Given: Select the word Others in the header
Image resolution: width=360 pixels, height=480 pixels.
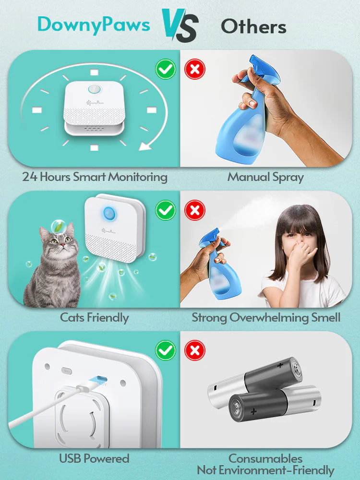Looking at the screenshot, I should click(253, 26).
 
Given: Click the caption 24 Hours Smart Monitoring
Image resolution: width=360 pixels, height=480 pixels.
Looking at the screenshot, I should click(95, 177).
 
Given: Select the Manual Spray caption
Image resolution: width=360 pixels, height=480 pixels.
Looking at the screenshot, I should click(265, 177).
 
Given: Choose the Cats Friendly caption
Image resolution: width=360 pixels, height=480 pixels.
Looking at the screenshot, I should click(94, 317).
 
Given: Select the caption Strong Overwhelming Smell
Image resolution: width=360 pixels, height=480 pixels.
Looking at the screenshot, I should click(265, 317).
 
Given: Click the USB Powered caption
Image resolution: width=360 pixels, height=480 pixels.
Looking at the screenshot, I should click(94, 458).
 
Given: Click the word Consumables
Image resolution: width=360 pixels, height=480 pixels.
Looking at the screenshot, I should click(265, 458).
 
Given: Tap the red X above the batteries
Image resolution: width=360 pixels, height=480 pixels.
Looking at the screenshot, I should click(194, 350).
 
